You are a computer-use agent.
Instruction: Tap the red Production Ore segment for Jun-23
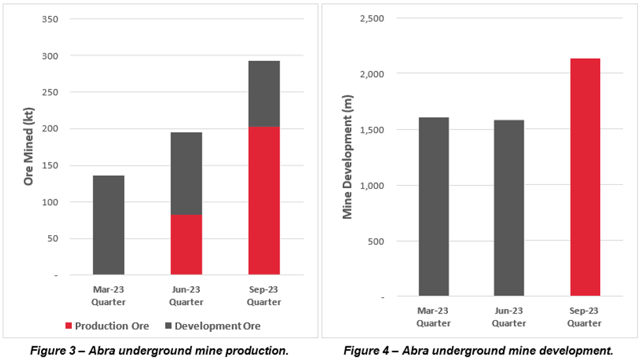186,244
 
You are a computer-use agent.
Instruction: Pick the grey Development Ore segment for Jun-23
186,173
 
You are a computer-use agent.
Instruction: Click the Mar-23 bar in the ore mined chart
108,225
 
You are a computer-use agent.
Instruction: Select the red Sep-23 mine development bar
584,177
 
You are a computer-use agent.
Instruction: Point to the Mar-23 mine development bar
434,206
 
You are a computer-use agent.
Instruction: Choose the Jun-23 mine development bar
509,208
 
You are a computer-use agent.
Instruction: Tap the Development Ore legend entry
213,325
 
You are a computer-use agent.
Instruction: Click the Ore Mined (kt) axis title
28,147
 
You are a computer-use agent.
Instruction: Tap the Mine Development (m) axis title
347,157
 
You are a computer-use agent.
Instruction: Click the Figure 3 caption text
159,350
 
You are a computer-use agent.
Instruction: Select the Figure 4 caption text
479,350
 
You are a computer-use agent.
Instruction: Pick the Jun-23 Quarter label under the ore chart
186,296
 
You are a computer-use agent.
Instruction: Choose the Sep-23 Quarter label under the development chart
584,318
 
